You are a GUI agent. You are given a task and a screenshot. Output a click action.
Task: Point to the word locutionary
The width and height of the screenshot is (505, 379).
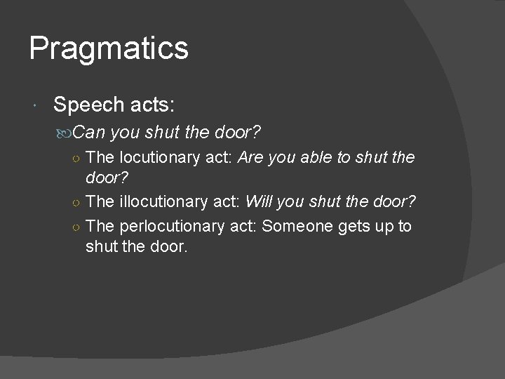tap(157, 157)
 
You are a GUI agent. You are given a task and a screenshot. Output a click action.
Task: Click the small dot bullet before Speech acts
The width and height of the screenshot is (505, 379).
tap(36, 106)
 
